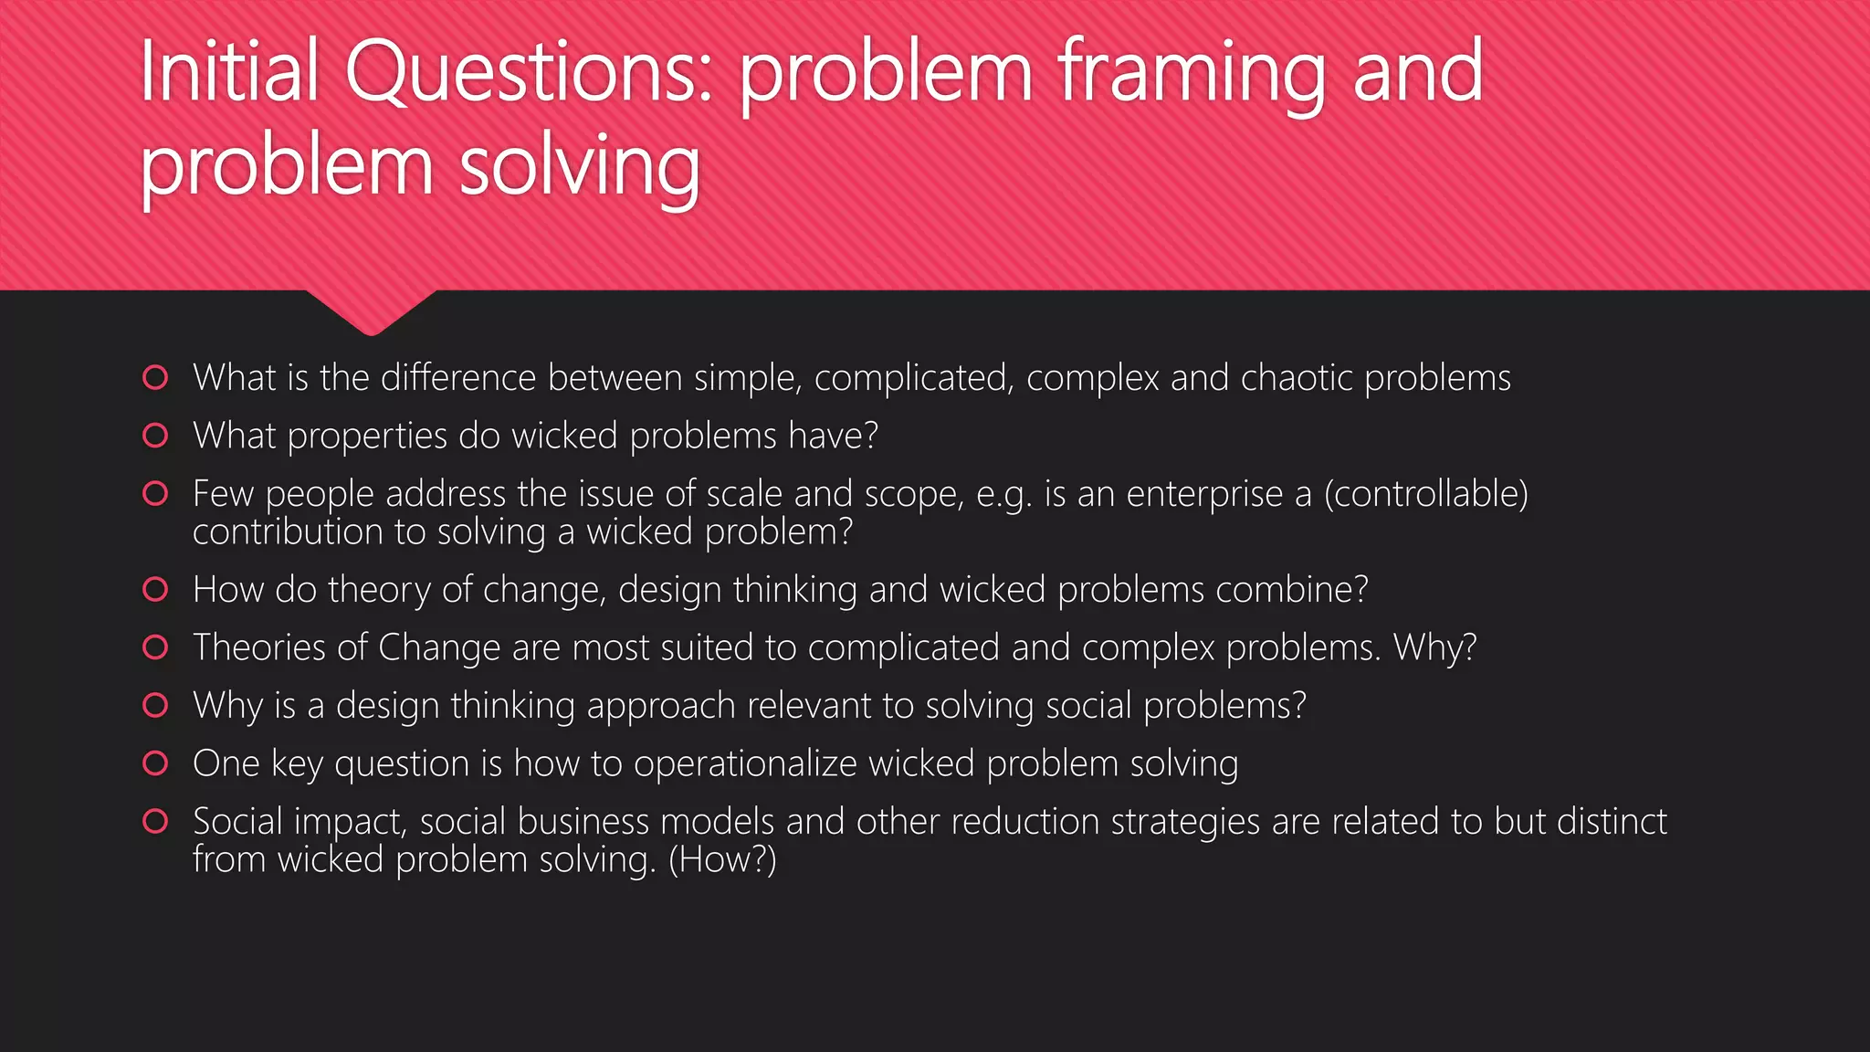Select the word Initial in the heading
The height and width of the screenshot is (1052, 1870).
click(x=229, y=73)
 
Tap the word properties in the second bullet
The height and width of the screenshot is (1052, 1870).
click(x=366, y=437)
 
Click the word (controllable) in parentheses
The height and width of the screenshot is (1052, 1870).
click(x=1425, y=494)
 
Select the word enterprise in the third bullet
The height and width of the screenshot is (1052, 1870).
click(x=1204, y=494)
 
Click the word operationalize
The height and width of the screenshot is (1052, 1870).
click(x=745, y=763)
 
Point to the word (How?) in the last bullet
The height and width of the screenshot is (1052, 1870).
click(x=722, y=860)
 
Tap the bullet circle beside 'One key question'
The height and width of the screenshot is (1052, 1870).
click(x=156, y=763)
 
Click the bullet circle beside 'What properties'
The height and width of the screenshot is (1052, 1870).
click(x=156, y=436)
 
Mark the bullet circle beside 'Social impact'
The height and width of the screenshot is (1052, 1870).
click(x=156, y=821)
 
